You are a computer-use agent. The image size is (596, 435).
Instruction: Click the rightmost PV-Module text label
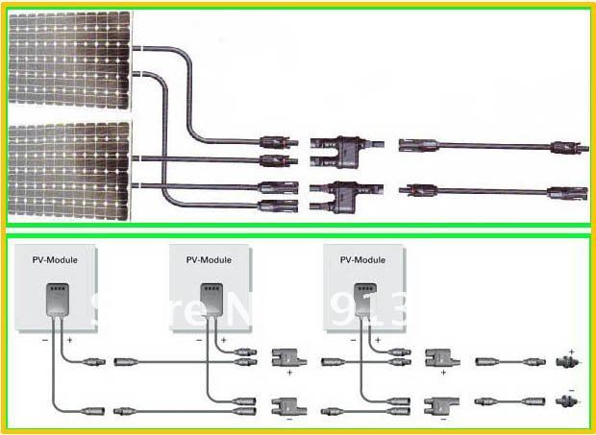tap(363, 259)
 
